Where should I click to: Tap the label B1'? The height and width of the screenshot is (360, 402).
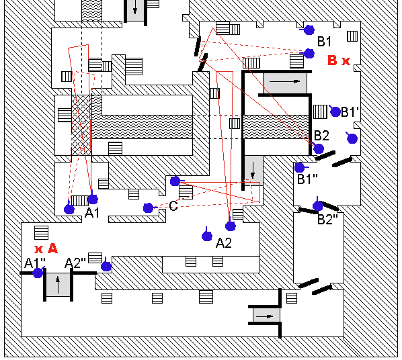coord(350,112)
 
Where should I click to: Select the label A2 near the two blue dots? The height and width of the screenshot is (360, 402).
coord(224,242)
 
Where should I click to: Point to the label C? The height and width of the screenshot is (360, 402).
coord(173,206)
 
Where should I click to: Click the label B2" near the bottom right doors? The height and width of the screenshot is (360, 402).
coord(327,219)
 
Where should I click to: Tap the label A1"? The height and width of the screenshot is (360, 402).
coord(35,263)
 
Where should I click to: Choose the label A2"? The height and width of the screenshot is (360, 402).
coord(75,263)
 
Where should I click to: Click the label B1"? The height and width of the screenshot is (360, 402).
coord(307,179)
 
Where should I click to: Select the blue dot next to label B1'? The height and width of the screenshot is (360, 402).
coord(335,111)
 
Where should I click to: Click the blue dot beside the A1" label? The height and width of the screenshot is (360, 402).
coord(38,273)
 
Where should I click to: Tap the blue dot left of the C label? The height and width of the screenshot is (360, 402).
coord(148,208)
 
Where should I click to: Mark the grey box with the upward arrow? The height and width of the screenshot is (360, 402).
coord(58,285)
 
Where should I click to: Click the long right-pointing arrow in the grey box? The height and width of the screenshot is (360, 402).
coord(284,81)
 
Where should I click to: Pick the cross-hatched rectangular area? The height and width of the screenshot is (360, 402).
coord(81,125)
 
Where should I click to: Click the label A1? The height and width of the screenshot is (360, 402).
coord(92,212)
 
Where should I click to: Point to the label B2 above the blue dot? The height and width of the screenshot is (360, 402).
coord(321,136)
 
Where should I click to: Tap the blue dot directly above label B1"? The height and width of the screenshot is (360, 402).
coord(299,168)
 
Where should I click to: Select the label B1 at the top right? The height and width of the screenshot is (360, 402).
coord(324,41)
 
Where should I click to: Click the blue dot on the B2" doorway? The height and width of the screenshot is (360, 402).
coord(318,206)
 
